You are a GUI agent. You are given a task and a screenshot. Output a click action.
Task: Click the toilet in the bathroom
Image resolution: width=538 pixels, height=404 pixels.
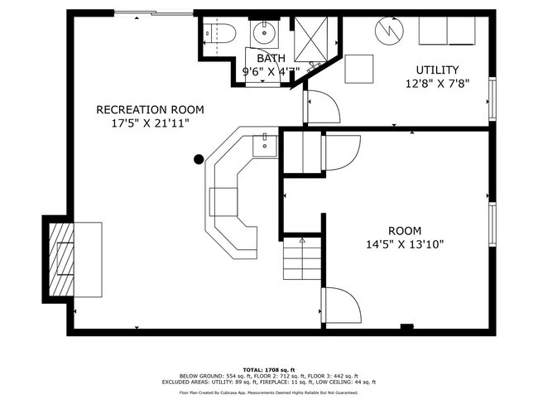(x=221, y=34)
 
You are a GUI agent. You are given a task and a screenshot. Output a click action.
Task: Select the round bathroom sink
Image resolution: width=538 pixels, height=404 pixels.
(x=265, y=34)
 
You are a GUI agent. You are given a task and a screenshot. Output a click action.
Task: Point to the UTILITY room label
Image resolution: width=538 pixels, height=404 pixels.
(x=438, y=70)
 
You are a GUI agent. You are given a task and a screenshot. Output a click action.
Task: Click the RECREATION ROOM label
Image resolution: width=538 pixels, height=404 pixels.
(x=150, y=109)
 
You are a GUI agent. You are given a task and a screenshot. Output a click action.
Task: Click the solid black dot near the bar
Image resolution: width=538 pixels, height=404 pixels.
(x=199, y=159)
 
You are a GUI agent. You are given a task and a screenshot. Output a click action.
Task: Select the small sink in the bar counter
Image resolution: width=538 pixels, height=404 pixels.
(x=264, y=145)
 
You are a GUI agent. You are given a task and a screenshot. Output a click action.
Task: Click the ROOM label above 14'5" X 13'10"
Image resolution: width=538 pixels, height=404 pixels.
(x=405, y=231)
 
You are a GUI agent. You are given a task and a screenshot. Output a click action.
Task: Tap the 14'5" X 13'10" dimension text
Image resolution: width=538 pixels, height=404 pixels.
(x=405, y=244)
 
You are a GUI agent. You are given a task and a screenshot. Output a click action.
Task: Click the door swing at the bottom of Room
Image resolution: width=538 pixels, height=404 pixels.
(x=341, y=306)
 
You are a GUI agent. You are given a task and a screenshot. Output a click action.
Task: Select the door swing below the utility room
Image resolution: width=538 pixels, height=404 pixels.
(x=323, y=108)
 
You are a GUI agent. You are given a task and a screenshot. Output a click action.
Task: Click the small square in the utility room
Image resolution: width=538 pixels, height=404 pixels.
(x=360, y=67)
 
